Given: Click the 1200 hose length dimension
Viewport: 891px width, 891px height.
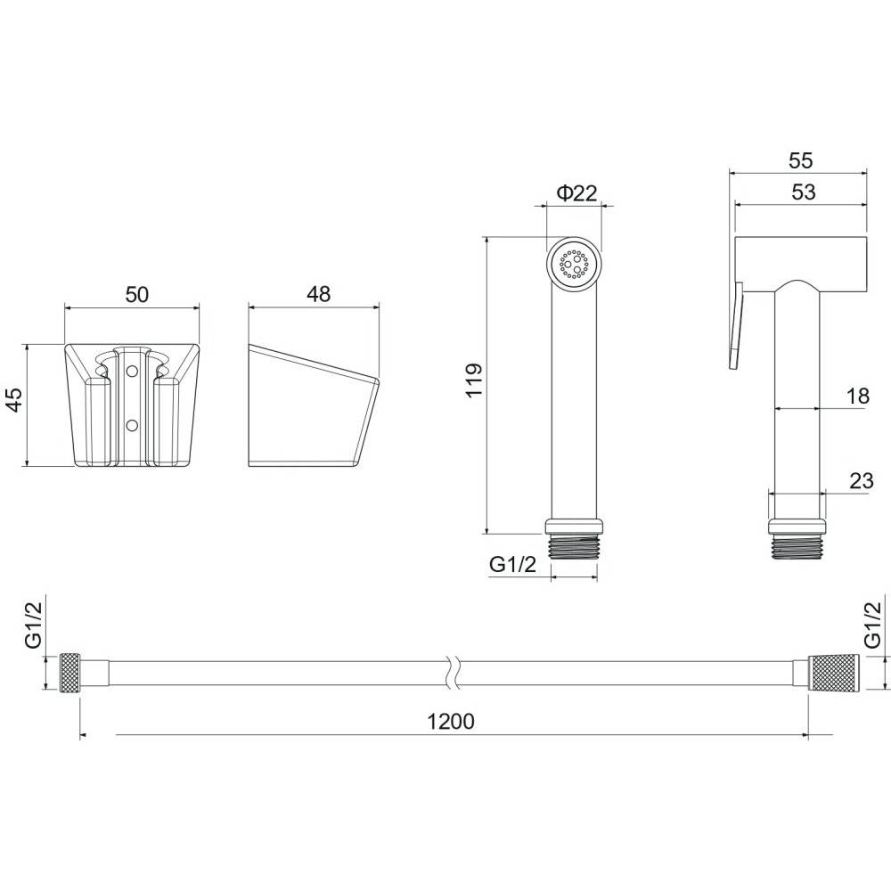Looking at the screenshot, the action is (450, 721).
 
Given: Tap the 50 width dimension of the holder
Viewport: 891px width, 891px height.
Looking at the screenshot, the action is (136, 294).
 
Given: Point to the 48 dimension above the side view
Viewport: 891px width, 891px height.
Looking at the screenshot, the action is (318, 294).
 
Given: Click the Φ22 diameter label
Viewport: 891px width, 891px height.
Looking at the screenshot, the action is (576, 193).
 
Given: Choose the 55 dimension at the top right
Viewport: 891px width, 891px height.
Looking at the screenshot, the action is (801, 160).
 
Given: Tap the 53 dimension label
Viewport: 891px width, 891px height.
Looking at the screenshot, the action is (803, 192).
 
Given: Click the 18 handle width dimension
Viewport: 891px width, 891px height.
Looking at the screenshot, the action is (858, 396).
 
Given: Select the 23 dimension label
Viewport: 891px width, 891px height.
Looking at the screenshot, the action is (862, 481).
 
